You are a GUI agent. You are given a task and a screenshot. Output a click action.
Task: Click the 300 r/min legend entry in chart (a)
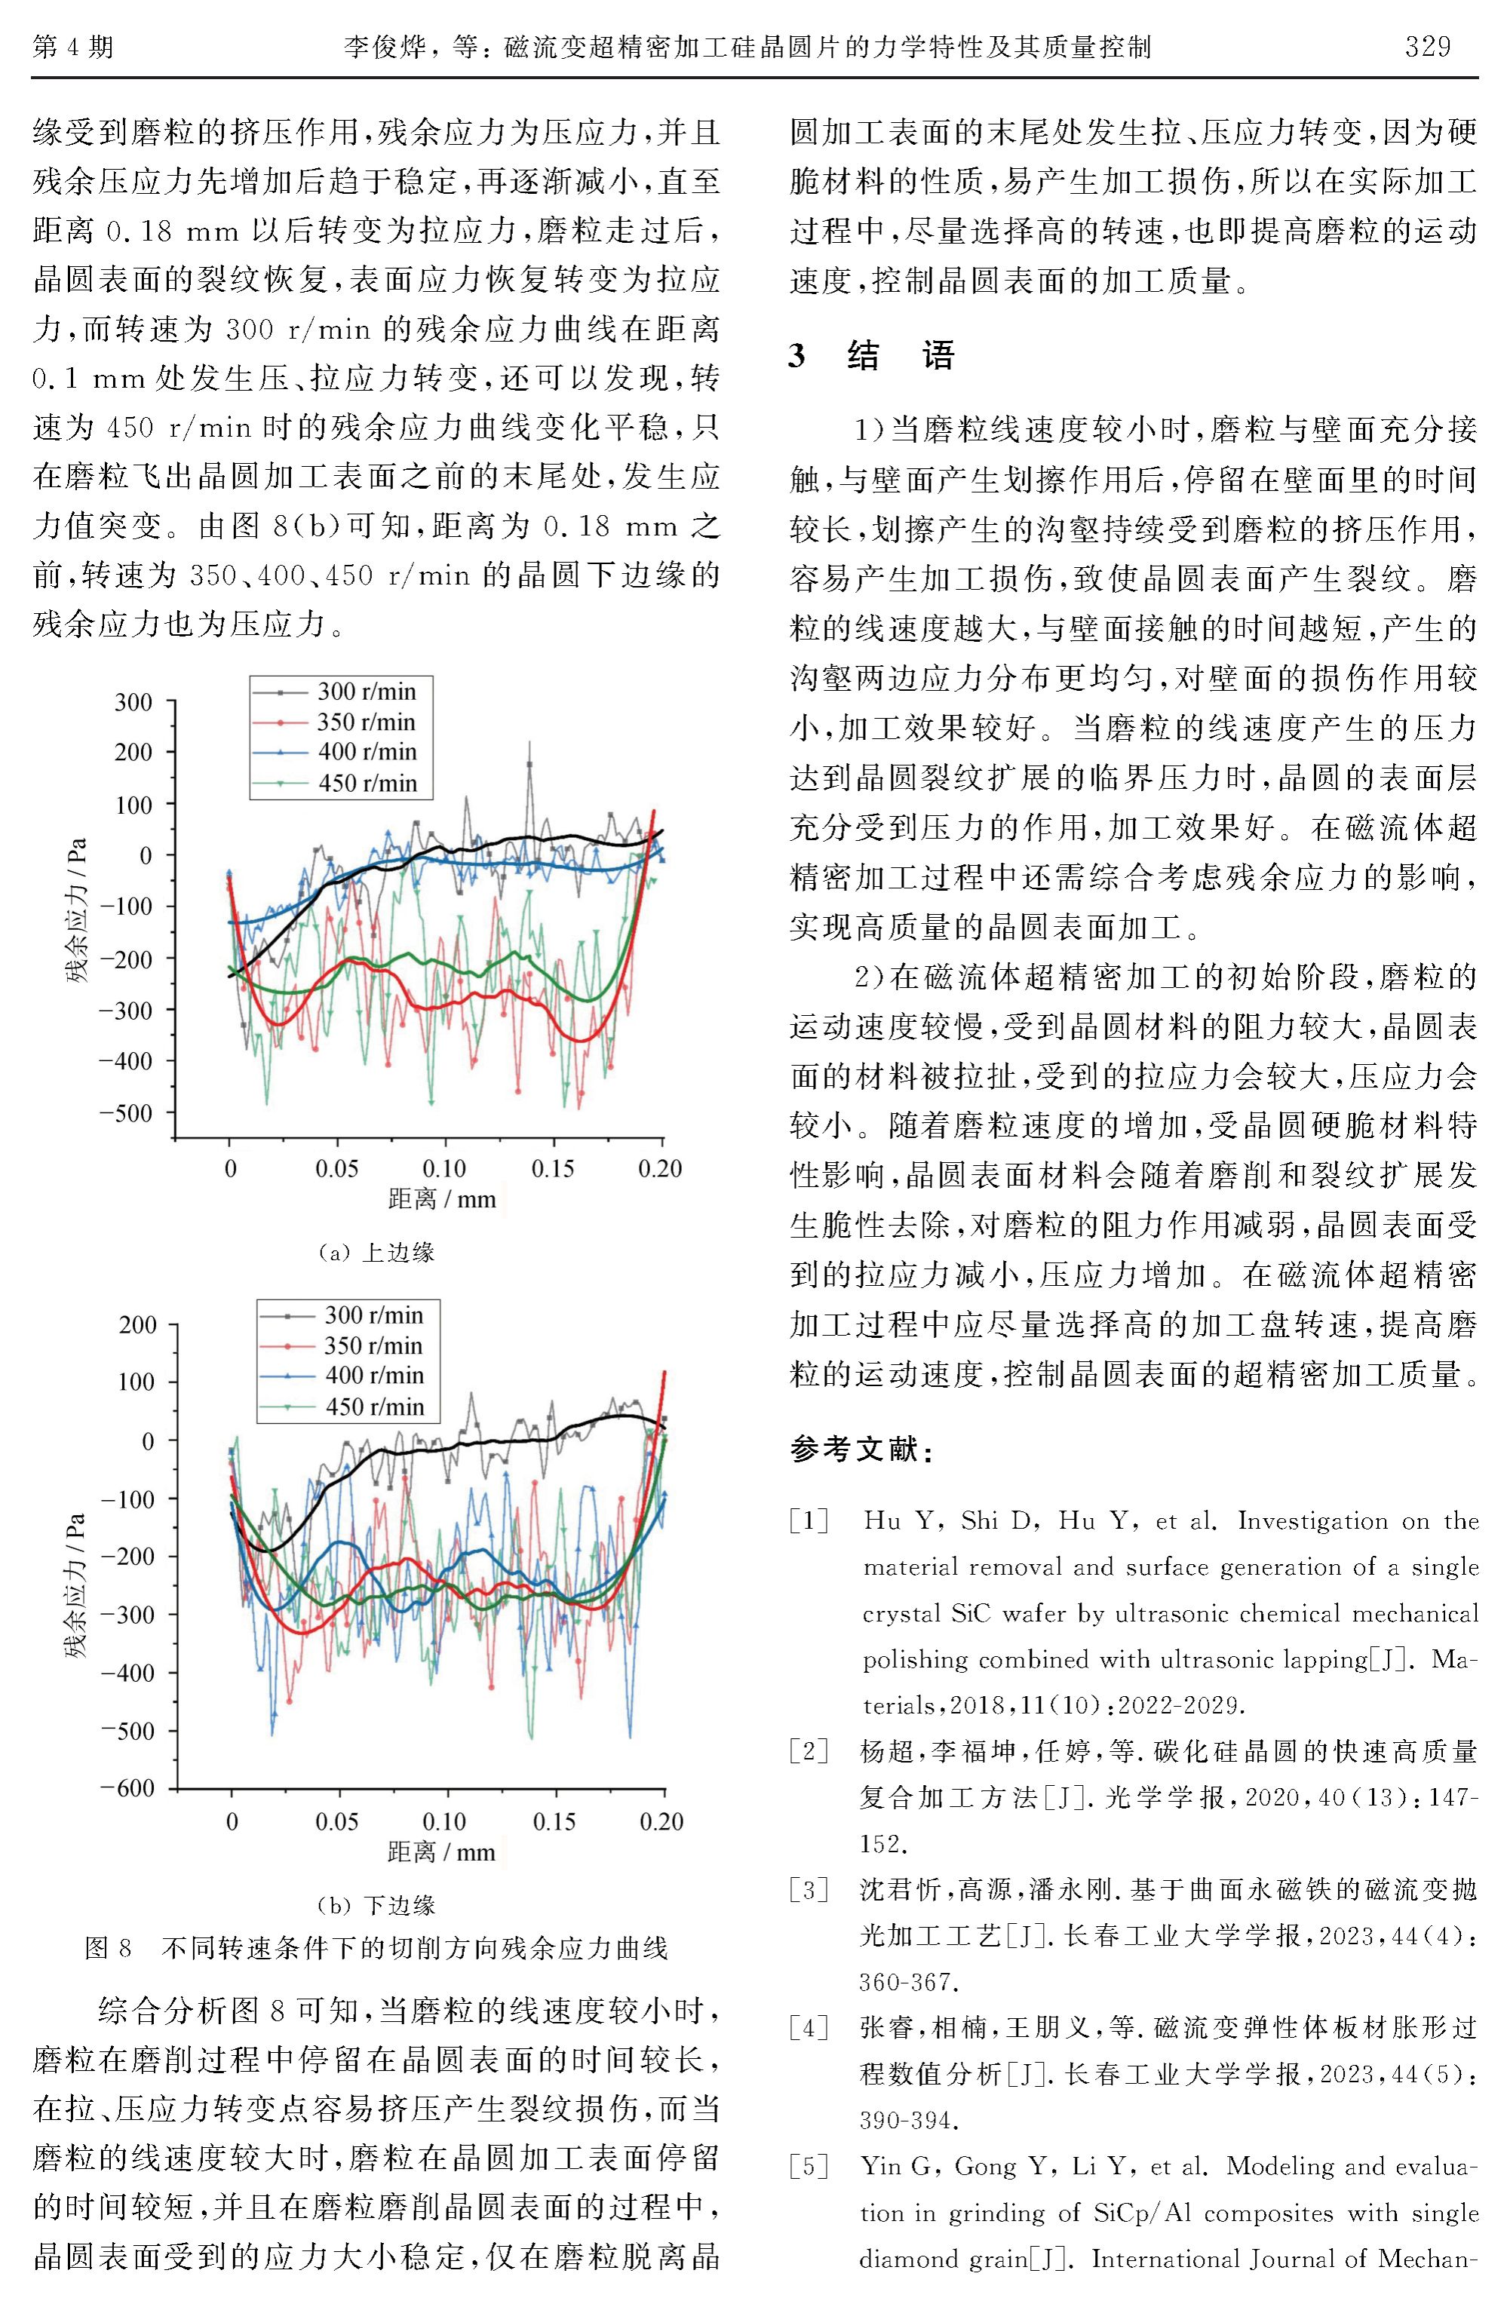[366, 691]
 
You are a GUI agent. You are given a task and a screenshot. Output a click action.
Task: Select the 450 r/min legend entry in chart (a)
[366, 782]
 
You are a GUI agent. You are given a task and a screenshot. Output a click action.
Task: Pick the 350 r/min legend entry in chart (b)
[373, 1345]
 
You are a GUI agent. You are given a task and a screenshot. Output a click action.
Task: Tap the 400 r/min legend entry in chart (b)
[373, 1375]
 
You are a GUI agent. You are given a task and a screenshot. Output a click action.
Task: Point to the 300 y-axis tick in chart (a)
[134, 702]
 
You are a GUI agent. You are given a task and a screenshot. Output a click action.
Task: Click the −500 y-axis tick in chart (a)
[126, 1113]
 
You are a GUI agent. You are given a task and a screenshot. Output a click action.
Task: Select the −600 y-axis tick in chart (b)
[127, 1788]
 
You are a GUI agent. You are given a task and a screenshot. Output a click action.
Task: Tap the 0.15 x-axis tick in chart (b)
[554, 1822]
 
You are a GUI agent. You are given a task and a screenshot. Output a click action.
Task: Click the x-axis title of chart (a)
[441, 1199]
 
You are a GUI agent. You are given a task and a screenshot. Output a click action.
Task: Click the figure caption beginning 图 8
[376, 1948]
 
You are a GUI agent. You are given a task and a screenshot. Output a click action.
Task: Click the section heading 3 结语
[871, 355]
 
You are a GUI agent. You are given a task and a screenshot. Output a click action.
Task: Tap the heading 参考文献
[861, 1450]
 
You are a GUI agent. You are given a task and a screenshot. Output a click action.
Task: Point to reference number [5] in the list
[809, 2165]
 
